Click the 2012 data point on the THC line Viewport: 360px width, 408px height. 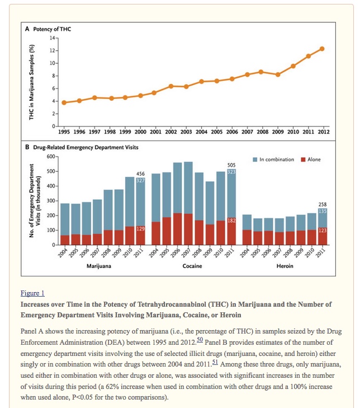[322, 49]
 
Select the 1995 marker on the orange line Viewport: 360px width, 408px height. [64, 102]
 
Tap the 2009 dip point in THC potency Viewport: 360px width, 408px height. [278, 74]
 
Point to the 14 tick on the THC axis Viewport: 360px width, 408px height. [53, 38]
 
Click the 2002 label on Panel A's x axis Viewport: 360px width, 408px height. [170, 132]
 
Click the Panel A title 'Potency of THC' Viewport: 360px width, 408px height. [52, 29]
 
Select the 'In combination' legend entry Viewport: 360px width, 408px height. [273, 160]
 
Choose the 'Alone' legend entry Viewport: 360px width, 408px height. [311, 160]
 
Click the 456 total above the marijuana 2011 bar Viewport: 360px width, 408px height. [140, 173]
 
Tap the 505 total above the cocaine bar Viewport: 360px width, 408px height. [231, 165]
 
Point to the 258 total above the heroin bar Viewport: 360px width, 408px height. [323, 204]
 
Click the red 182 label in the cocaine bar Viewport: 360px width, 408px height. [231, 221]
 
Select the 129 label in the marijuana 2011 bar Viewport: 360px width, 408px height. [140, 229]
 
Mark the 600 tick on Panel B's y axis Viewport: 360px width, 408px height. [51, 157]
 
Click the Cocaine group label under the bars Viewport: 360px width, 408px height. [192, 266]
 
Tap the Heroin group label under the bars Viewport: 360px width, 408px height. [285, 266]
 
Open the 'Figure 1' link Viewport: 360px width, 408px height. [32, 293]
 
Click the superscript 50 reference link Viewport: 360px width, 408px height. [200, 339]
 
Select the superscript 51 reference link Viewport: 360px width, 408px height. [215, 362]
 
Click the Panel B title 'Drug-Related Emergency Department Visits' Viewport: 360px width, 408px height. [86, 147]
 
